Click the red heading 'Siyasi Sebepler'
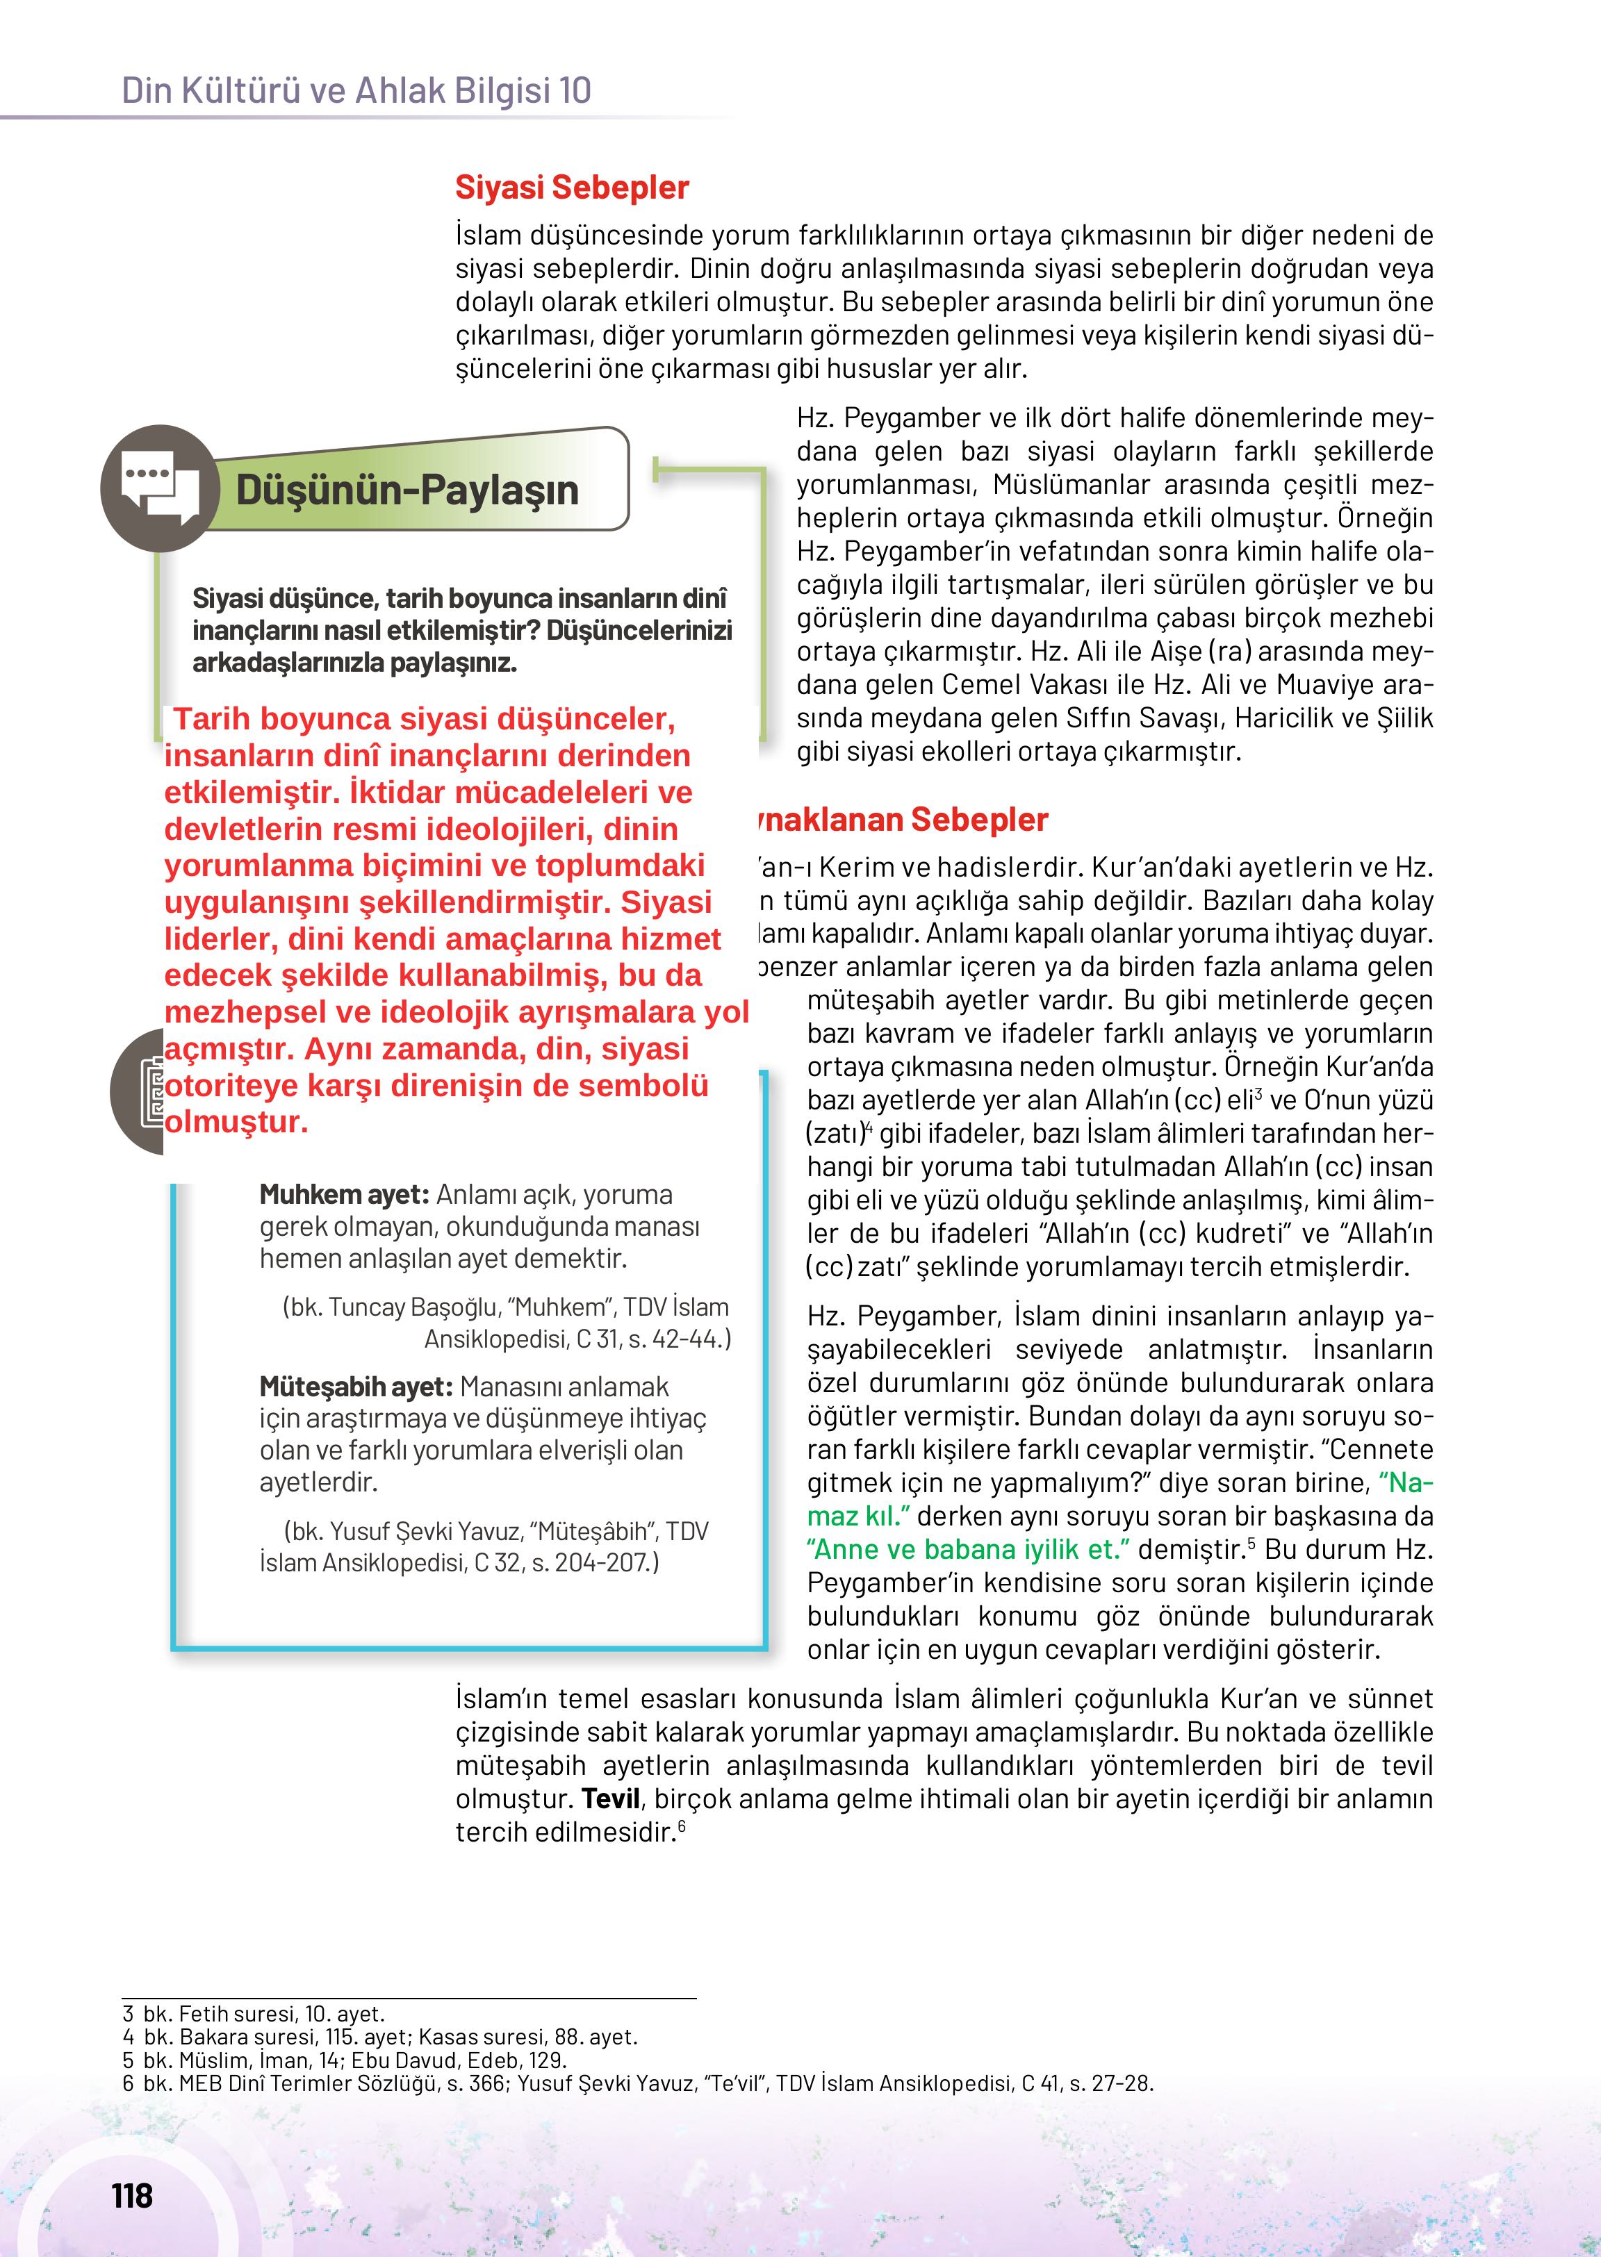click(572, 188)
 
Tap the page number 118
click(132, 2196)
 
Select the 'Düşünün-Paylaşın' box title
click(407, 490)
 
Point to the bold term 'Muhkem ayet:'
click(344, 1195)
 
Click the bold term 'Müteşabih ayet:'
click(356, 1387)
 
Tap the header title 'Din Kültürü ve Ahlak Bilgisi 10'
click(356, 91)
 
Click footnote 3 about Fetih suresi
click(254, 2014)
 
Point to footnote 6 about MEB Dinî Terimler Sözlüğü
click(637, 2083)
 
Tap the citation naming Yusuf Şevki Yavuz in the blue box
click(483, 1546)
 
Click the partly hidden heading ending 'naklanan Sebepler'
click(902, 819)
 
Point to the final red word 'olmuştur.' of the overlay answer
click(236, 1122)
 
